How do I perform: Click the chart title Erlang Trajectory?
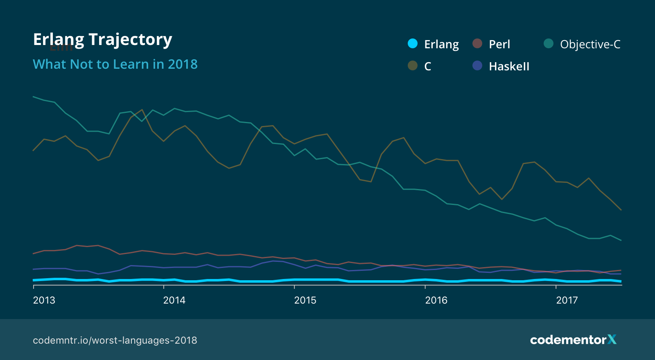point(102,40)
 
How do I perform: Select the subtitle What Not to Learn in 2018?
point(115,64)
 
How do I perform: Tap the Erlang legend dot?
point(413,43)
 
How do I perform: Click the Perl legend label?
point(499,44)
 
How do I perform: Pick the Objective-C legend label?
point(590,44)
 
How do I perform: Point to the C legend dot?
point(413,65)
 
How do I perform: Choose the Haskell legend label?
point(509,66)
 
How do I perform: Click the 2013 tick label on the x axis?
point(44,300)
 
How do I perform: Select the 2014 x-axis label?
point(174,300)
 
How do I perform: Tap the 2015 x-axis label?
point(305,300)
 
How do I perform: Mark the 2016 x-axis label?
point(436,300)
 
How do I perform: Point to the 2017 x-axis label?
point(567,300)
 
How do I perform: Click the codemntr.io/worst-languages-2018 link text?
point(115,340)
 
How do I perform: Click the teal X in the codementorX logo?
point(612,340)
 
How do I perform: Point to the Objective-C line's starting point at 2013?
point(33,97)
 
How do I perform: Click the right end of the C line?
point(621,210)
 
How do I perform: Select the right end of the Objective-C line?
point(621,240)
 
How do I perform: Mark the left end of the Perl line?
point(33,254)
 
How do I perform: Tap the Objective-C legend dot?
point(549,43)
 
